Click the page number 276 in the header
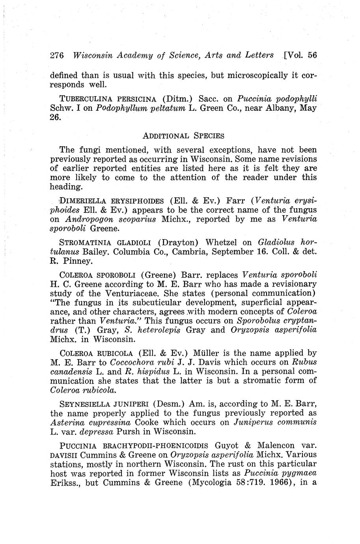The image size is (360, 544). coord(57,55)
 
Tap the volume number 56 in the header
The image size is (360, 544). coord(312,55)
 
